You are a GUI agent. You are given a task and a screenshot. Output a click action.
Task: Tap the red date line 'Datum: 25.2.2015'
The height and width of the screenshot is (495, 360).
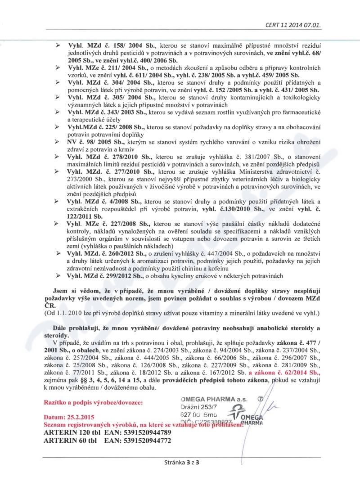[x=73, y=417]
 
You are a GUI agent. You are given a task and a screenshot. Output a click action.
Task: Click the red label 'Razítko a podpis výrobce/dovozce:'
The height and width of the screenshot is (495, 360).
[x=93, y=401]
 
